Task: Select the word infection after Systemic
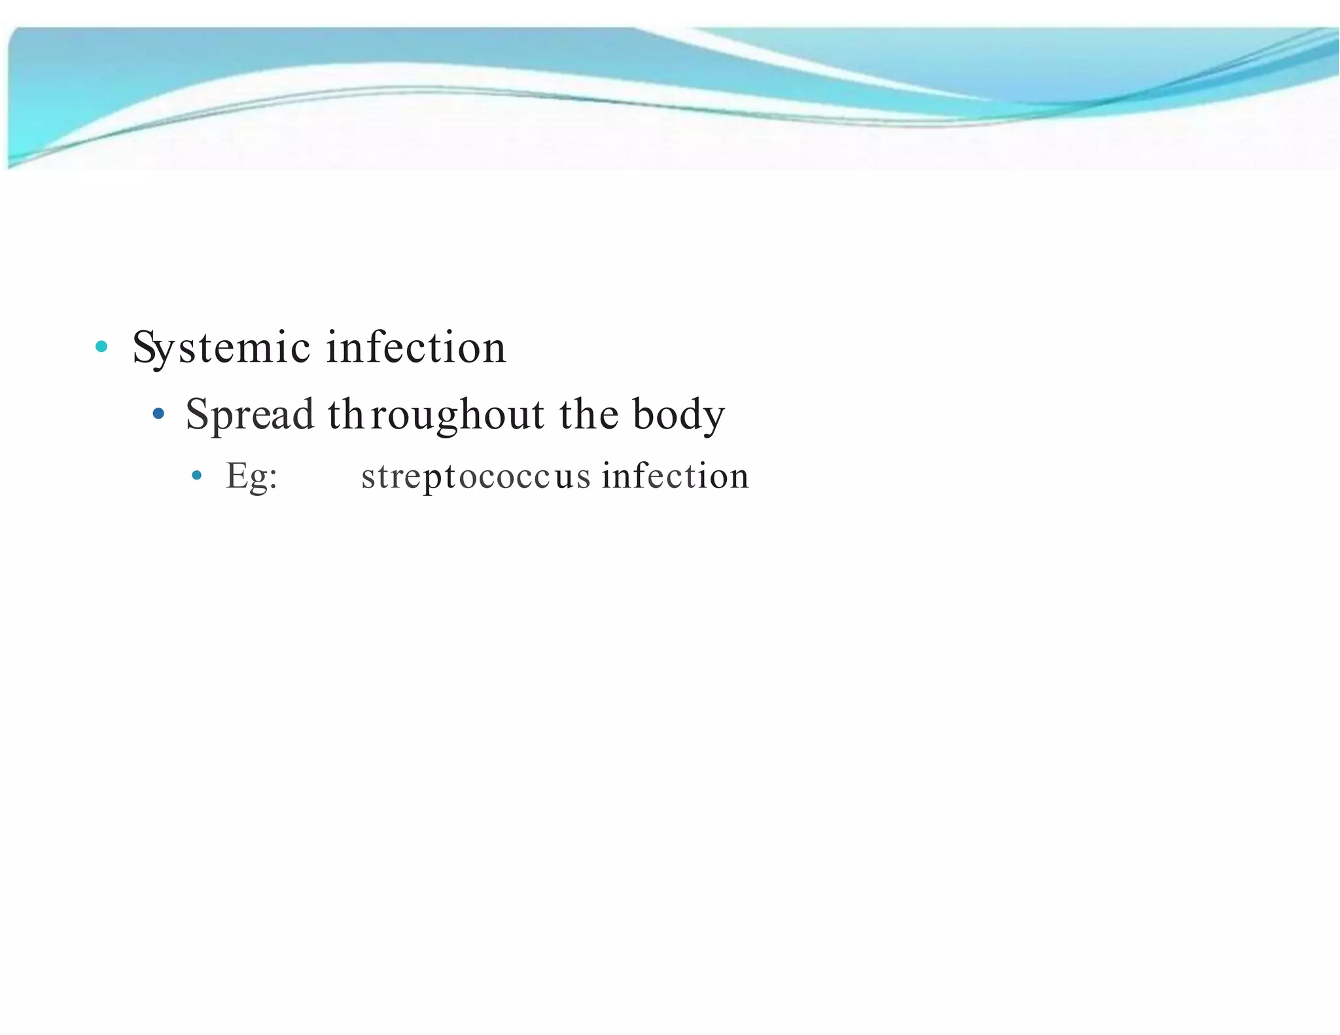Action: click(416, 347)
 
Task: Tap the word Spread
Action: click(250, 414)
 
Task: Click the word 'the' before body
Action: click(588, 414)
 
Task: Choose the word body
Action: click(679, 414)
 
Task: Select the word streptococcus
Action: click(476, 476)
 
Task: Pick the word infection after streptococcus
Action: click(675, 476)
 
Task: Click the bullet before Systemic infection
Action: click(101, 347)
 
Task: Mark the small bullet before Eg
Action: click(197, 476)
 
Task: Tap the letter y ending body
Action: click(713, 419)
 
